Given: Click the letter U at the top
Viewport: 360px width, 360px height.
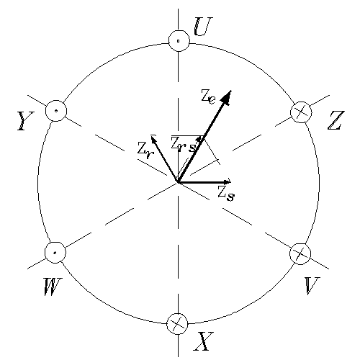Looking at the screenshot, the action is pos(203,27).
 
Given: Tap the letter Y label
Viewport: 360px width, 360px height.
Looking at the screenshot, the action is pos(25,121).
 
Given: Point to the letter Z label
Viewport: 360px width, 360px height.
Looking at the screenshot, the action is pos(336,120).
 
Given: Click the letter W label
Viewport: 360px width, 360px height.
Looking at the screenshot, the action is pos(53,287).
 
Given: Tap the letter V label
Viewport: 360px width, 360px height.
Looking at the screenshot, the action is pos(312,286).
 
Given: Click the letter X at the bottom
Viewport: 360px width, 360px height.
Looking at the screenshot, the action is pos(204,341).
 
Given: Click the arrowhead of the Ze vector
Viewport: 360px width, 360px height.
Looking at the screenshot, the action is pos(227,96).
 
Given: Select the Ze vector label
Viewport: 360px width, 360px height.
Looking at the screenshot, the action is pos(208,96).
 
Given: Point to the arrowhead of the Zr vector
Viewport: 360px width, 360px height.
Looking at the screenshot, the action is pos(153,140).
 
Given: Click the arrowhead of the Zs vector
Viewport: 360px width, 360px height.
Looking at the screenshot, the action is pos(227,181).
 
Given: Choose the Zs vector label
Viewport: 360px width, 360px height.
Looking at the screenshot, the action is pos(226,194).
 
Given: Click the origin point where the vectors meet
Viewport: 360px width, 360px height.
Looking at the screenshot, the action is pos(178,182).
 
